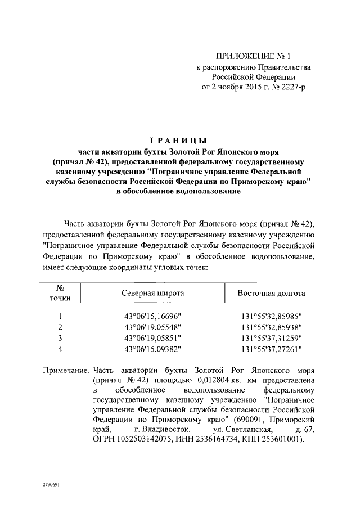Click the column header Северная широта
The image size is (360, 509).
click(x=152, y=293)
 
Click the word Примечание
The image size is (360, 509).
click(x=66, y=371)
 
